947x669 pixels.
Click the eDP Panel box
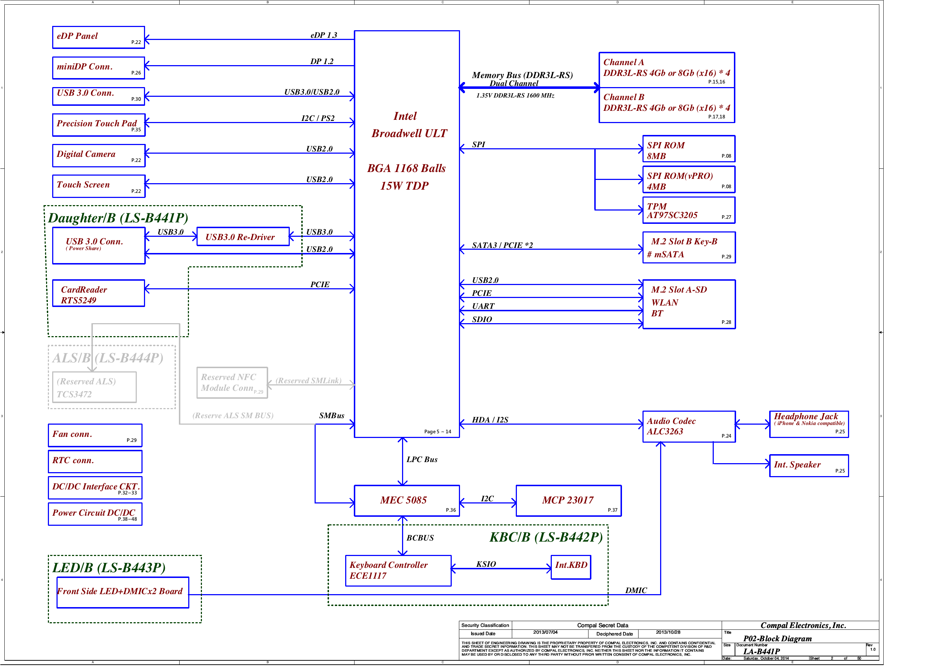98,37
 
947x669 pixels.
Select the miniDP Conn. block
98,68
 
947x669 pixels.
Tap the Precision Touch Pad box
98,125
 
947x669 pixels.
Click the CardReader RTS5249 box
98,293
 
